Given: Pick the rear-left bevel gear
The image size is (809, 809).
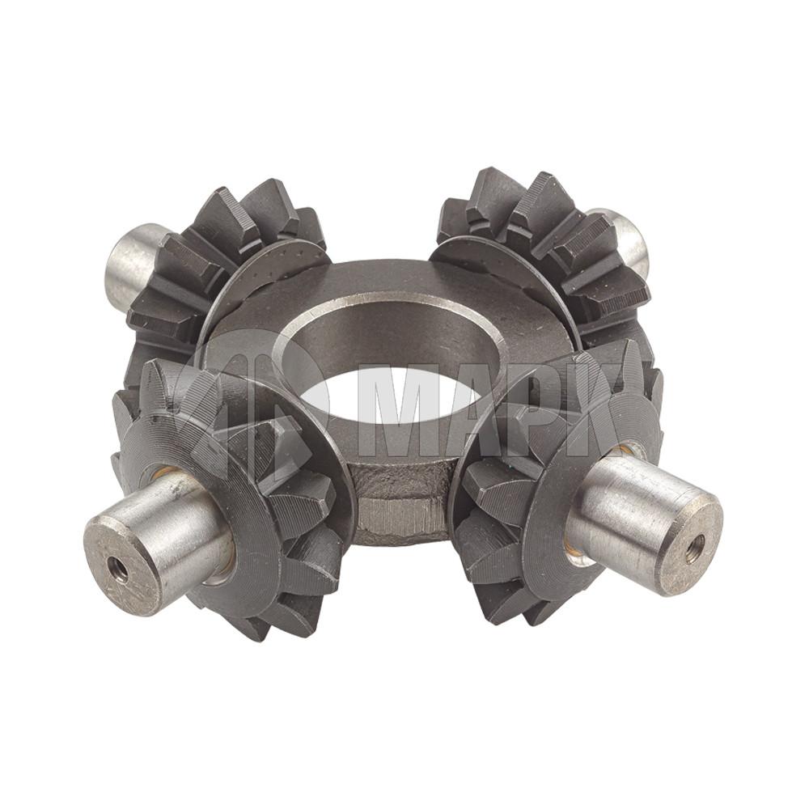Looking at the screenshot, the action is coord(227,263).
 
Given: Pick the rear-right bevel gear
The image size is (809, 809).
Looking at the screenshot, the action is coord(542,248).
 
